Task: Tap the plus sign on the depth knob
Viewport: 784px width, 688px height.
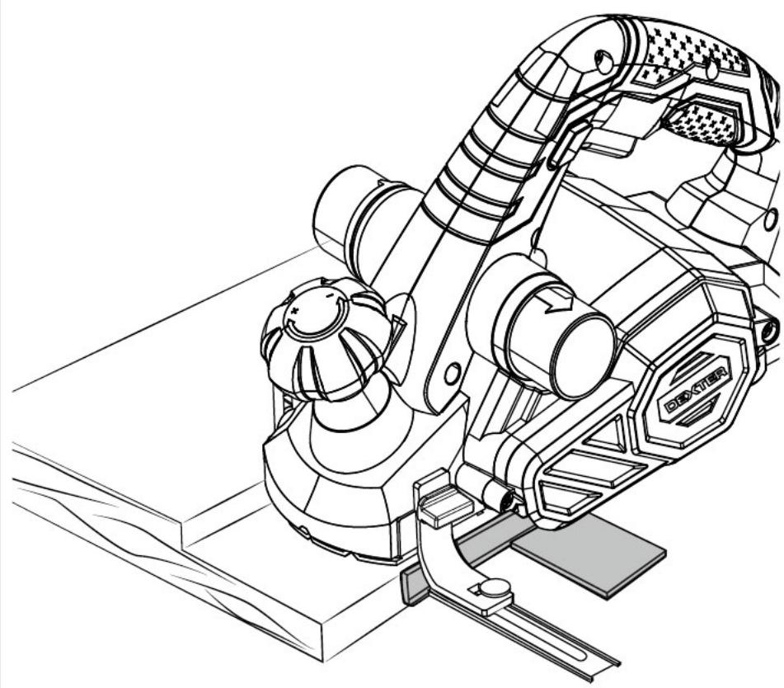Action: point(295,311)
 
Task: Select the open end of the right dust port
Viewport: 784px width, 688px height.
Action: point(584,356)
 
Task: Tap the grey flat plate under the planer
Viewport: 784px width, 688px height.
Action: point(590,556)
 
